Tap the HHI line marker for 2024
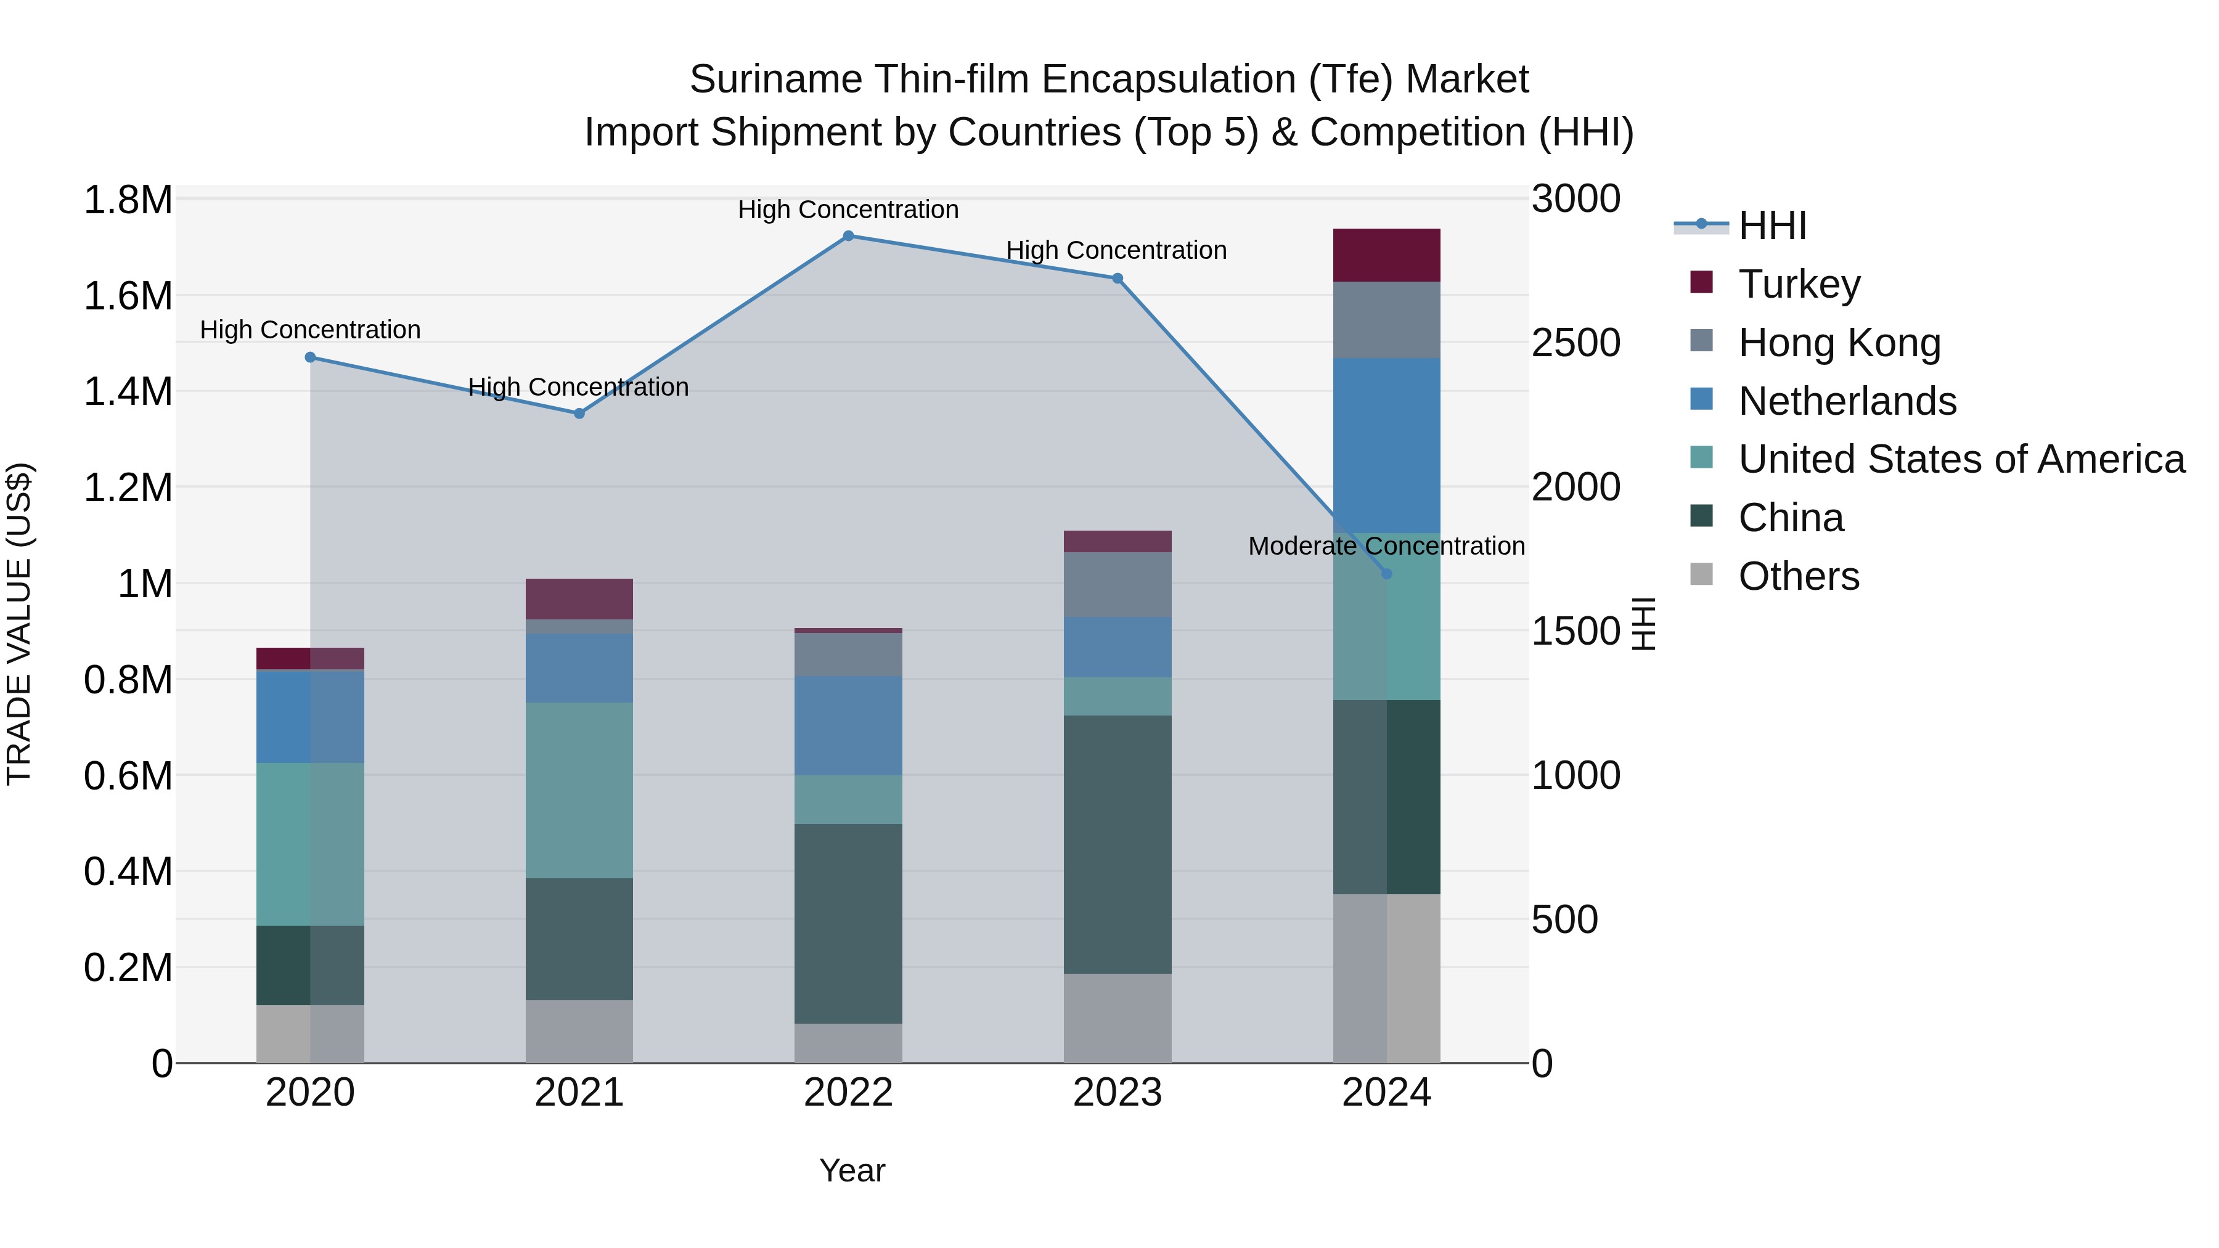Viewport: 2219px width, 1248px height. (1386, 574)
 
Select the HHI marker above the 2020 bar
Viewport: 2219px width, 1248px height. (310, 357)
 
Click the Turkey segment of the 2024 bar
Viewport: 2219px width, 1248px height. (1386, 255)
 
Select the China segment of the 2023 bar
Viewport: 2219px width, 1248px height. (1118, 844)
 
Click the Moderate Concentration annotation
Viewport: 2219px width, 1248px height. (1386, 546)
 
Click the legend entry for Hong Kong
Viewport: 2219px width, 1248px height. (1839, 343)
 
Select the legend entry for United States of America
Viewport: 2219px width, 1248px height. (1961, 459)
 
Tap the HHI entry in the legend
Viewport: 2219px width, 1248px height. (1772, 226)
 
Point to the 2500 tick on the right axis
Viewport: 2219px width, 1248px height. (1575, 343)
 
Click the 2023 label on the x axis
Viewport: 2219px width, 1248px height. (1118, 1093)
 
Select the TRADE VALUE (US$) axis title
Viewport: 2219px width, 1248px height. (19, 624)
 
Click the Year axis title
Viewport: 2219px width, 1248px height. (852, 1170)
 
